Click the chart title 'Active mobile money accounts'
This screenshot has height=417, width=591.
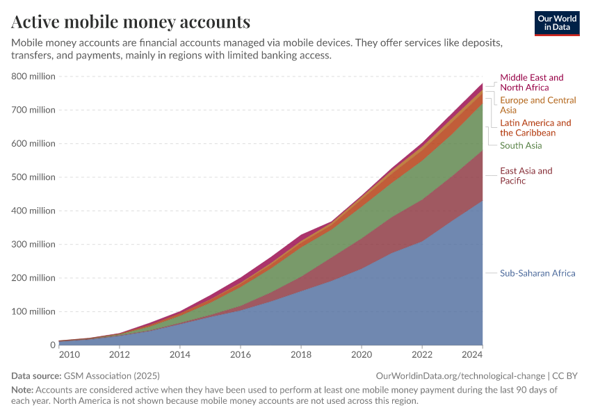pyautogui.click(x=131, y=22)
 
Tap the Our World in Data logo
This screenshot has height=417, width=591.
pyautogui.click(x=557, y=23)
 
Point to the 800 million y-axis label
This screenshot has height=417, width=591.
pyautogui.click(x=33, y=76)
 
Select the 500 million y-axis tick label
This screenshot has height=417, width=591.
pyautogui.click(x=33, y=177)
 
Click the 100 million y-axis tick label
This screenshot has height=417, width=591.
pyautogui.click(x=33, y=311)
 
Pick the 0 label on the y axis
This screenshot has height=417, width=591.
pyautogui.click(x=51, y=345)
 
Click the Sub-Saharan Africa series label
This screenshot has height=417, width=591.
pyautogui.click(x=537, y=273)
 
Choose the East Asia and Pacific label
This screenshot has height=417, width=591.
pyautogui.click(x=526, y=176)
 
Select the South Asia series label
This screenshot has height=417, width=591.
pyautogui.click(x=521, y=145)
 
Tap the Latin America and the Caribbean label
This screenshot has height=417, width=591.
pyautogui.click(x=535, y=128)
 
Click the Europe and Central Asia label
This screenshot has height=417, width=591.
pyautogui.click(x=537, y=105)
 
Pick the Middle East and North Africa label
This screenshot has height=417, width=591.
pyautogui.click(x=532, y=83)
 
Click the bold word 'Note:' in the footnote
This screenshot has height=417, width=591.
pyautogui.click(x=22, y=390)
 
